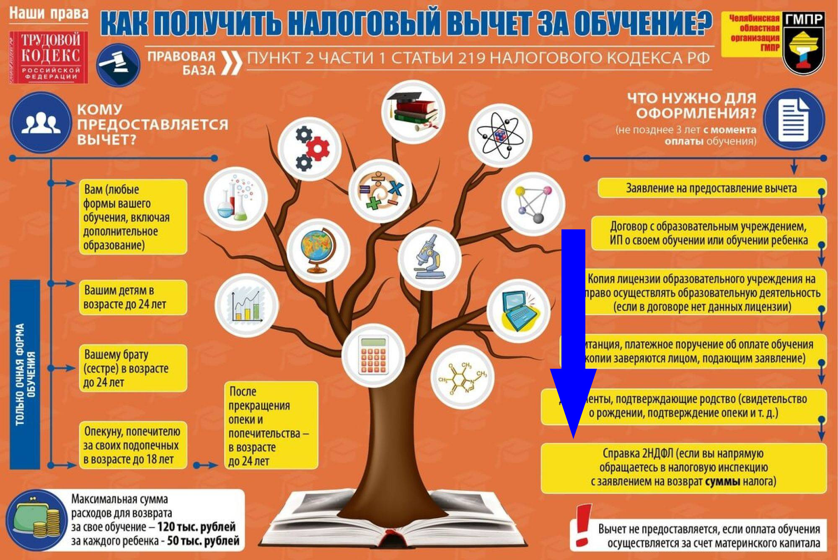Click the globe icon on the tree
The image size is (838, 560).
click(x=318, y=250)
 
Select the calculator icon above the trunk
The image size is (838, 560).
click(x=373, y=355)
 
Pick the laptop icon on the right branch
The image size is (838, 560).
click(x=519, y=311)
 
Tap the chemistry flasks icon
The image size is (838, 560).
click(x=236, y=199)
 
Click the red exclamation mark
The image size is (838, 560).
click(x=582, y=525)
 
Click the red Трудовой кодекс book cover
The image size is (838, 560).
click(x=49, y=57)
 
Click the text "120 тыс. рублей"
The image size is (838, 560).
click(x=197, y=527)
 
